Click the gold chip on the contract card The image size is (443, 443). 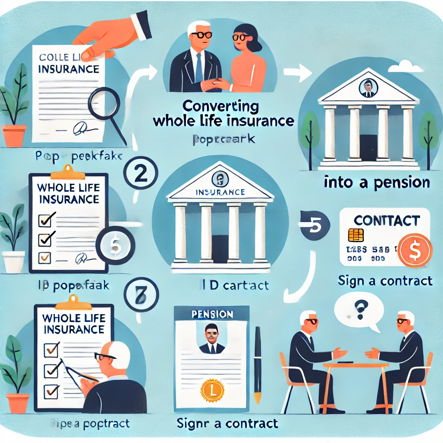pos(356,235)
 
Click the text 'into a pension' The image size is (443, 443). pos(377,183)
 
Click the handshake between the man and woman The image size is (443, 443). pos(215,83)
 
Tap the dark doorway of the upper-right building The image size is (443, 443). pos(368,147)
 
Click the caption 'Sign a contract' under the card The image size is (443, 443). pos(385,281)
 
